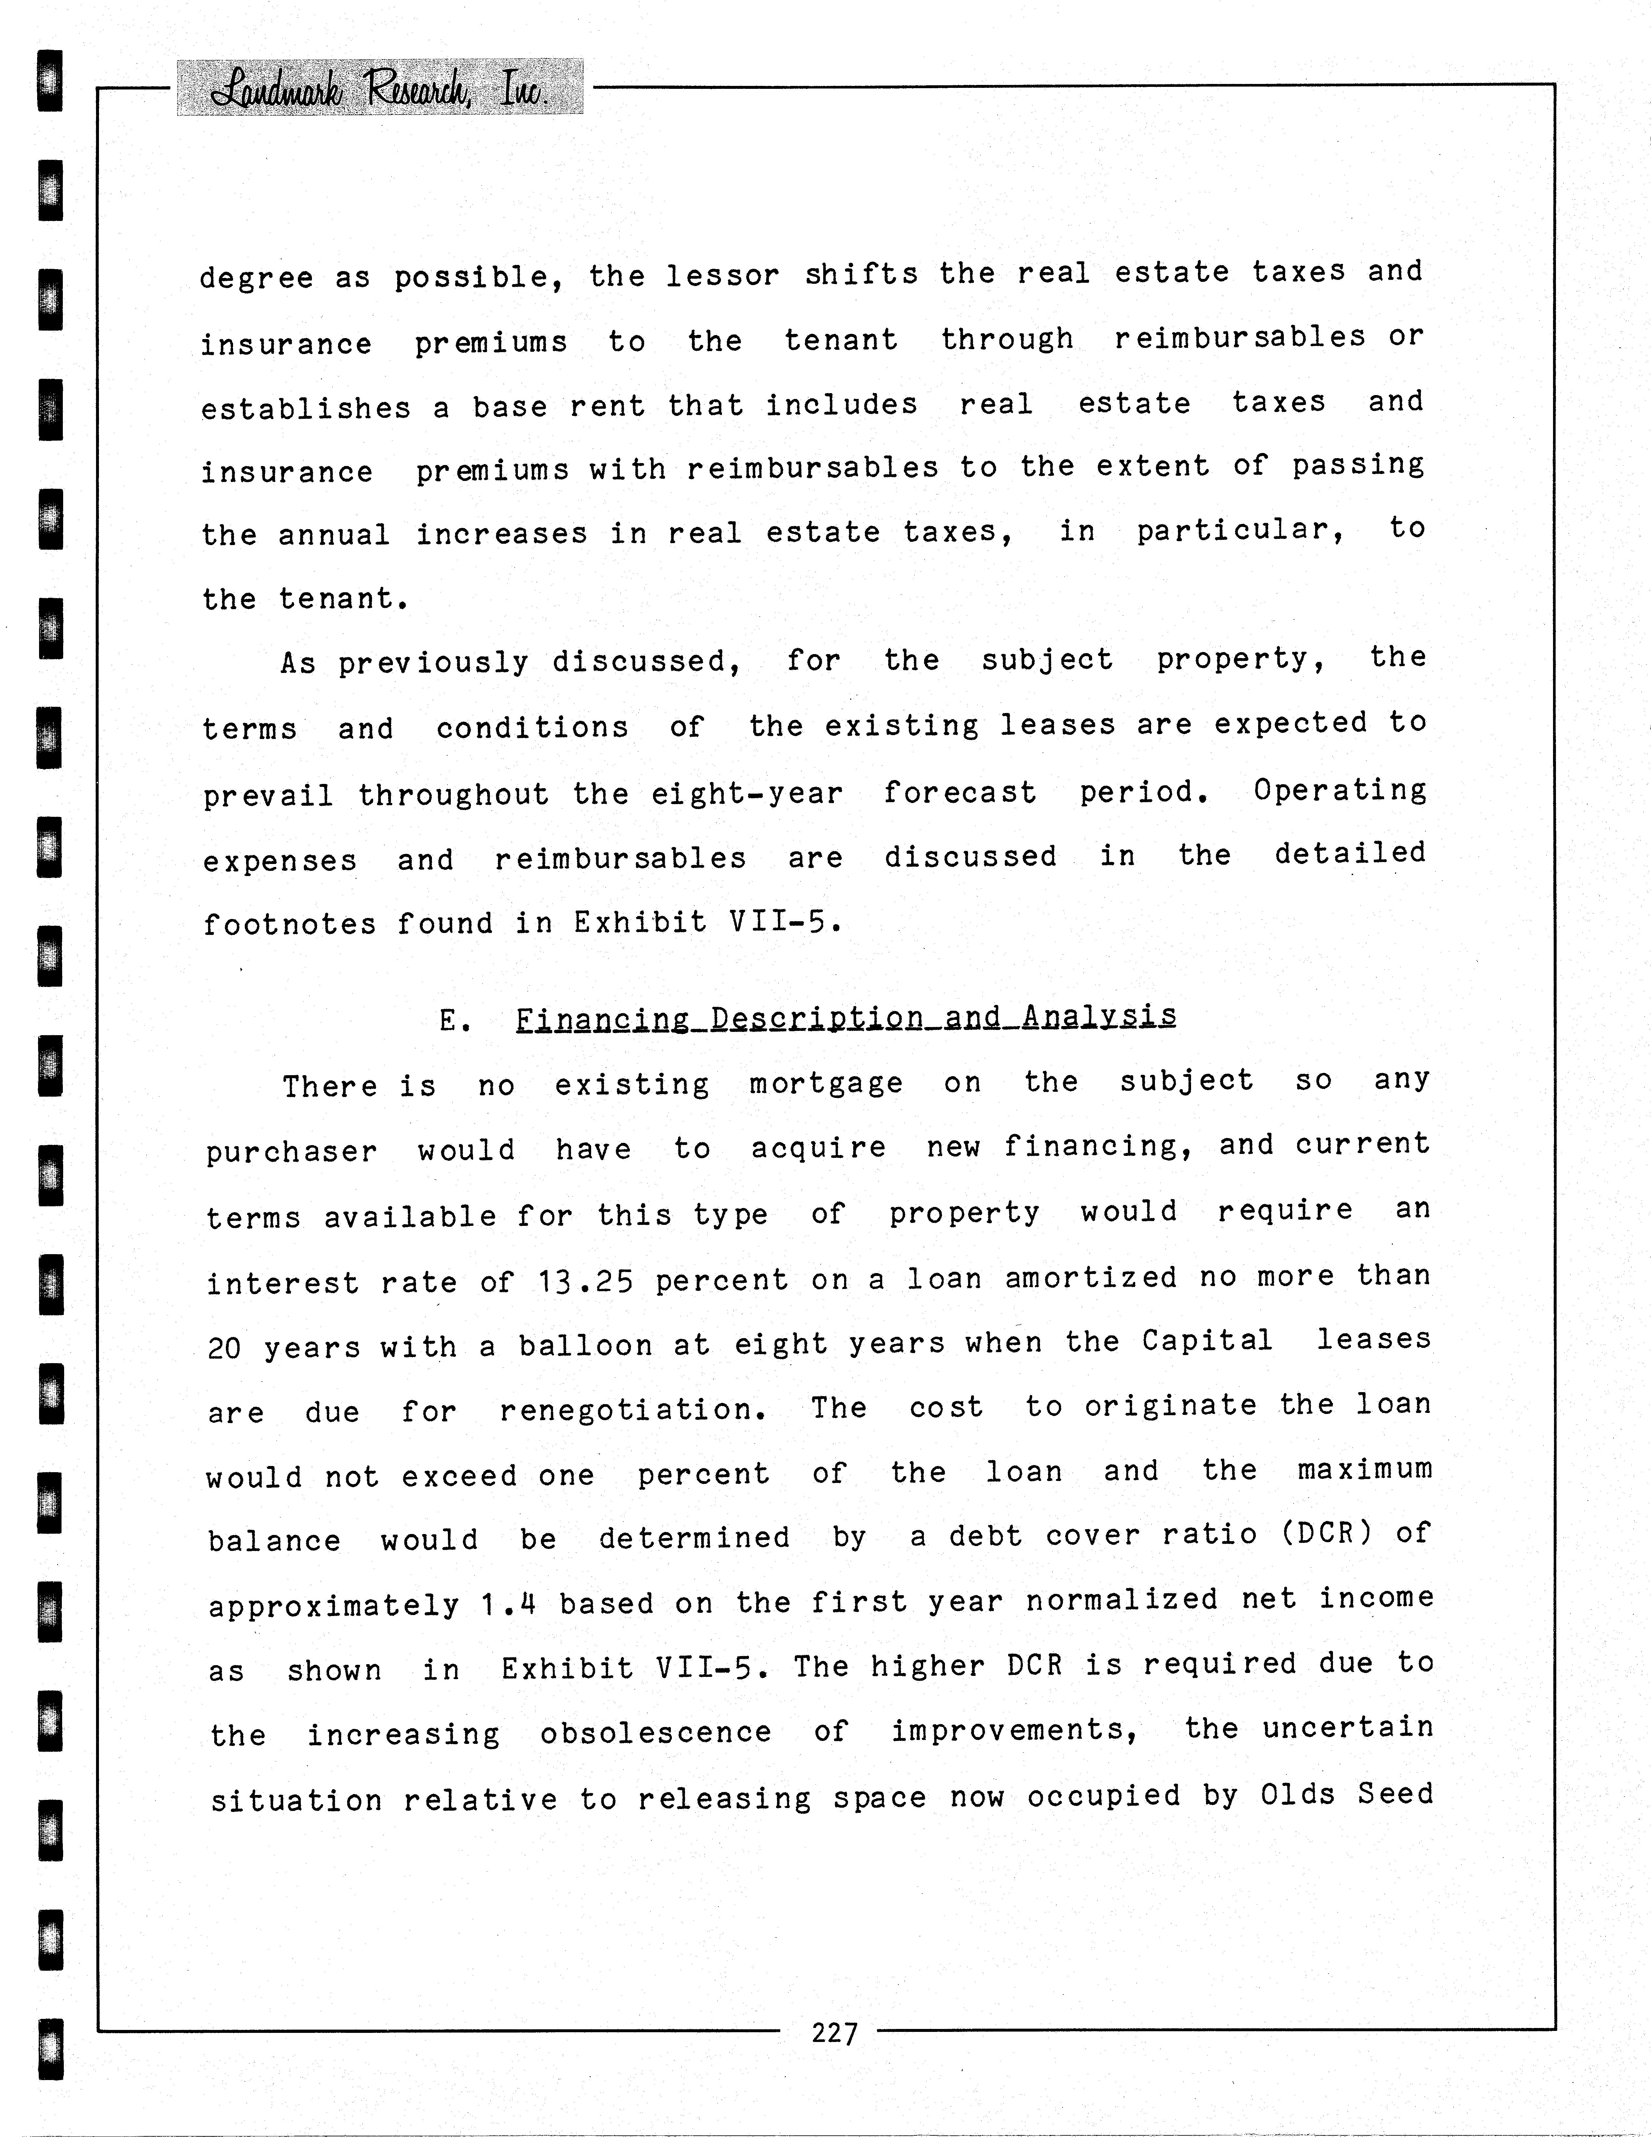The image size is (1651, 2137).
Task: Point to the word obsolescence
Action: [656, 1733]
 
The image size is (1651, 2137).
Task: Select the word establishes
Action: [306, 408]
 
